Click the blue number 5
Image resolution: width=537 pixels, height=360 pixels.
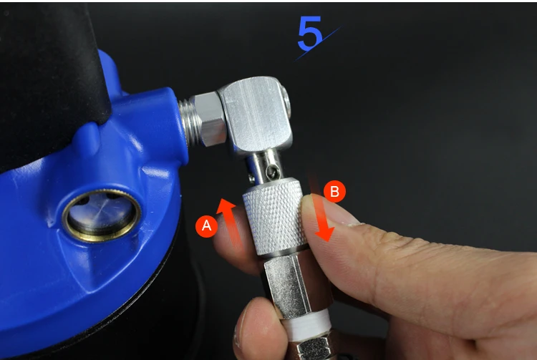coord(310,33)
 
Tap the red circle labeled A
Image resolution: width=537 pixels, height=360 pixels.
coord(206,226)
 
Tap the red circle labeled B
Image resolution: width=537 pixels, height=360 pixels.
coord(334,191)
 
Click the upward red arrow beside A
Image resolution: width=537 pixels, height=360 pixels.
coord(230,223)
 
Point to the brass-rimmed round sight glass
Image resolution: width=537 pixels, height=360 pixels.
coord(102,215)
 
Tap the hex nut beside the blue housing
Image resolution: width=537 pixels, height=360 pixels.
coord(210,119)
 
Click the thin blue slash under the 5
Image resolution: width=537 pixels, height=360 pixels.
coord(318,44)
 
